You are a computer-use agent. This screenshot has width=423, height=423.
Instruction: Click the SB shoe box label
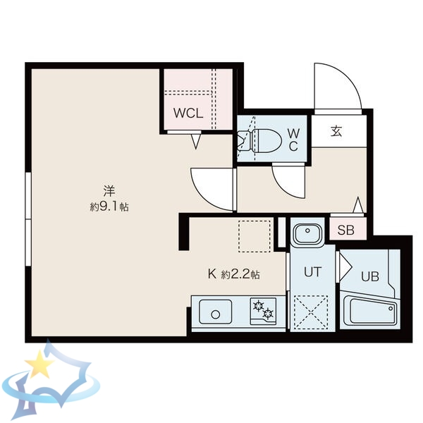tap(346, 229)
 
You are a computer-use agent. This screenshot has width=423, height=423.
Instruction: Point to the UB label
tap(370, 276)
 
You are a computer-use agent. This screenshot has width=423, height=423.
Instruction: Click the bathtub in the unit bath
tap(371, 311)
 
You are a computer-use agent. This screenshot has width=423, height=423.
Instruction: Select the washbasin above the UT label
tap(307, 234)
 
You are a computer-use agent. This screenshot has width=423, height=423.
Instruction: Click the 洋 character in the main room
tap(109, 190)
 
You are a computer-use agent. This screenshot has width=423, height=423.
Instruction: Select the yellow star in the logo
tap(39, 364)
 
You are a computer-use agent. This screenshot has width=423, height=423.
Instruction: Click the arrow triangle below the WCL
tap(197, 142)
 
